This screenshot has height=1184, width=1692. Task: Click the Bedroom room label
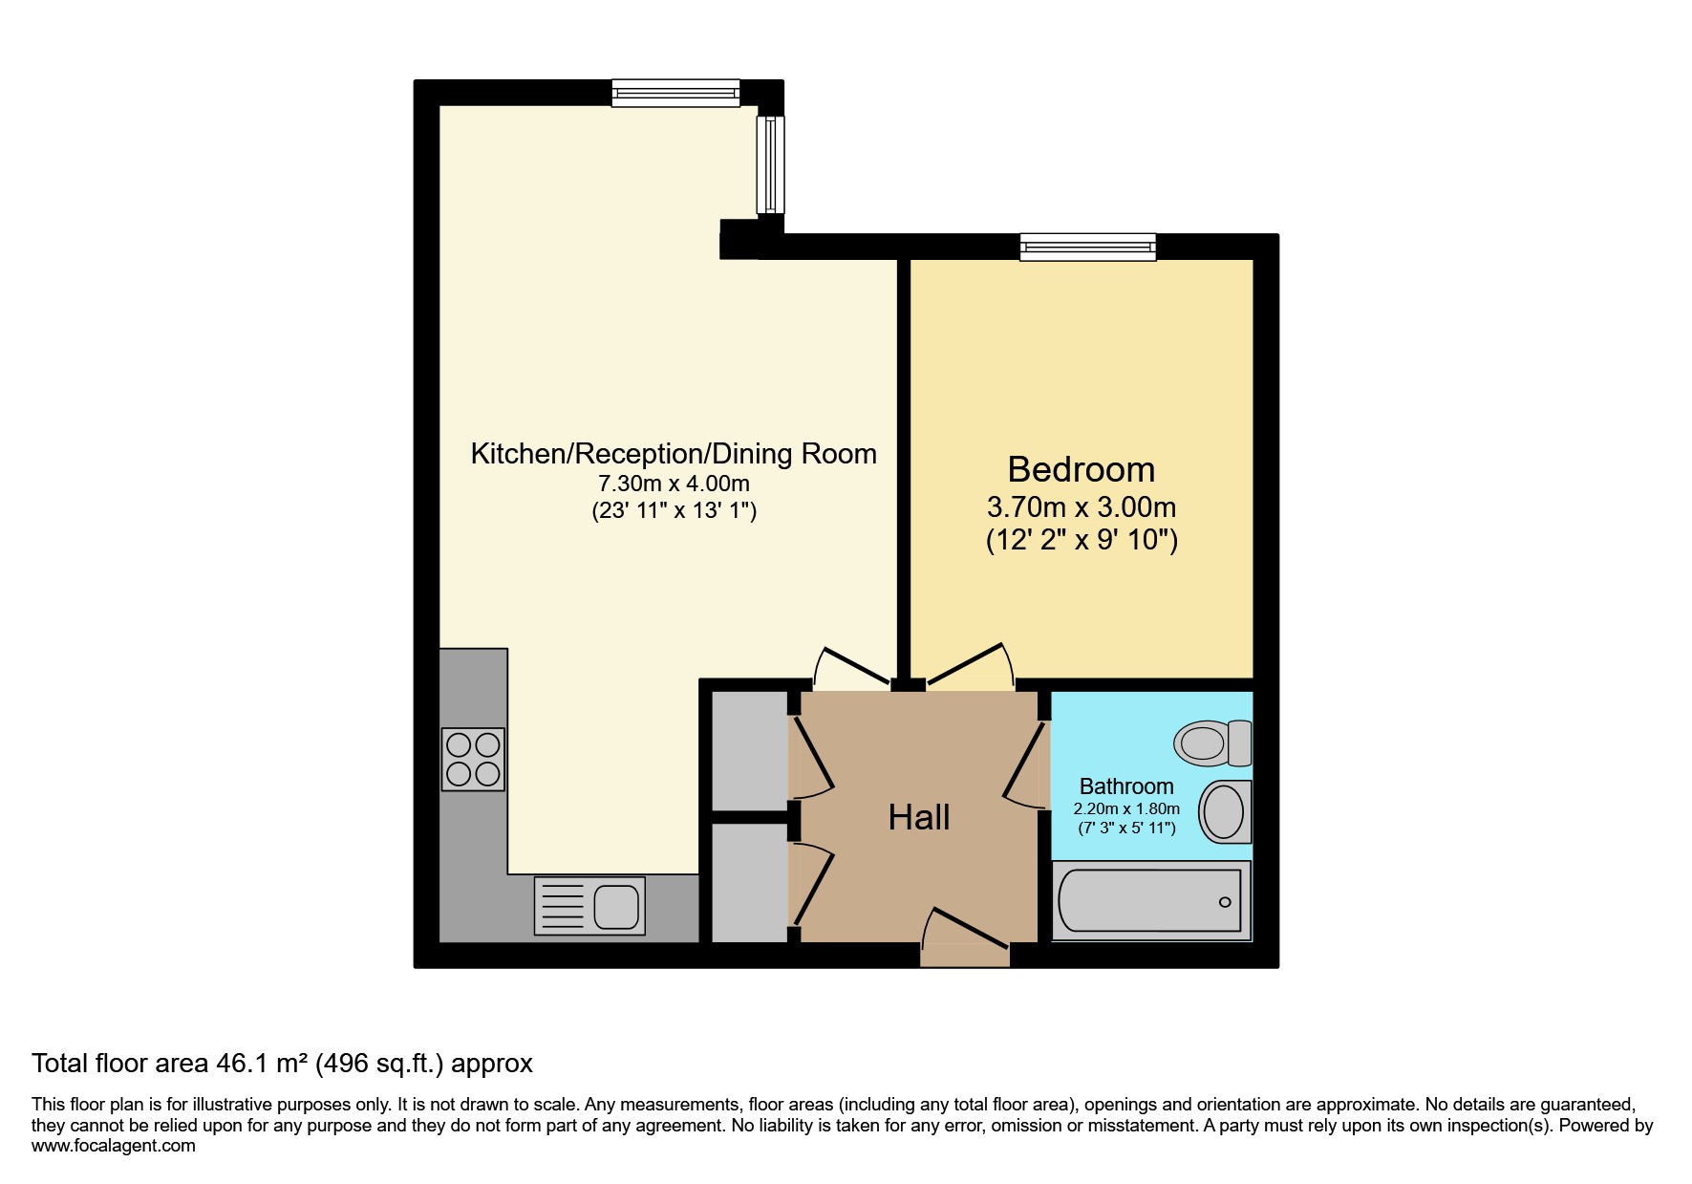point(1081,470)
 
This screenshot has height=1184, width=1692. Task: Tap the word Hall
point(919,818)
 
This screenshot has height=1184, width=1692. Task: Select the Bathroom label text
point(1126,786)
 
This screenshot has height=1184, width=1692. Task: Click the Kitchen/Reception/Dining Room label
point(674,454)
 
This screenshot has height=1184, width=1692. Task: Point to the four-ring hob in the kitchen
point(473,759)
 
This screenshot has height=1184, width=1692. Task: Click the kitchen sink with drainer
point(589,906)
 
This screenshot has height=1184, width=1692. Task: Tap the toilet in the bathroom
point(1212,743)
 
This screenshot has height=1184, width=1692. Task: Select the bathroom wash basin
point(1225,811)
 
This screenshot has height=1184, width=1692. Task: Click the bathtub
point(1151,900)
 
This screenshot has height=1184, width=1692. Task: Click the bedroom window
point(1088,248)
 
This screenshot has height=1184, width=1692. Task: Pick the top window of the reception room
point(675,93)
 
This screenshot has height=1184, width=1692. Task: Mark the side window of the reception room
point(770,164)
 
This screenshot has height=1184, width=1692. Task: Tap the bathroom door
point(1027,764)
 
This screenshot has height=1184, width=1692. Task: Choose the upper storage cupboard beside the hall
point(750,751)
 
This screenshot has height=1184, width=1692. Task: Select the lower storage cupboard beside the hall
point(750,882)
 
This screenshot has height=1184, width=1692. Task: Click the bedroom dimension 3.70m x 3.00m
point(1081,507)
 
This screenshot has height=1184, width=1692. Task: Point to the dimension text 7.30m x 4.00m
point(674,484)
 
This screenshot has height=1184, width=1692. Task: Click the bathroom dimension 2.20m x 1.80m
point(1126,808)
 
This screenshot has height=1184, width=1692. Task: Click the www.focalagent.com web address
point(114,1146)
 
